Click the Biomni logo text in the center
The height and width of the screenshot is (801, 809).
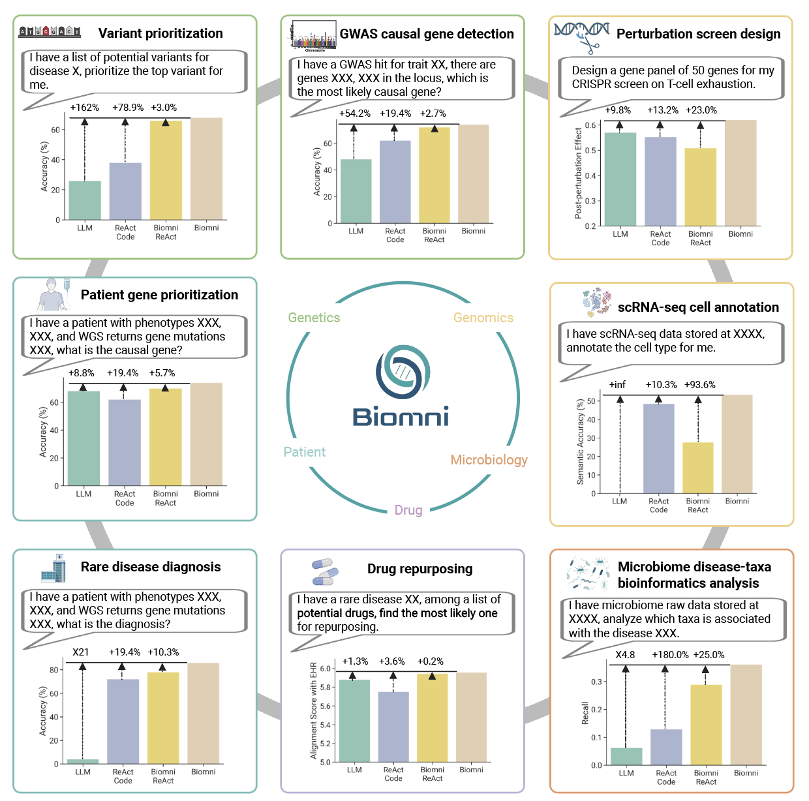[401, 416]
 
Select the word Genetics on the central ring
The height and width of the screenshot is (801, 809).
[314, 318]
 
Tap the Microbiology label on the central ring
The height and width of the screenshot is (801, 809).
[489, 460]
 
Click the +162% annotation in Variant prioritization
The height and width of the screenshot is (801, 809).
[84, 108]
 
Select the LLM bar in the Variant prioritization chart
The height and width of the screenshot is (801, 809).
[85, 200]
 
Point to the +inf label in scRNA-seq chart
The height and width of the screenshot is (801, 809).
[617, 385]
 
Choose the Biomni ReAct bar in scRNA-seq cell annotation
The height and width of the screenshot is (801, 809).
[697, 468]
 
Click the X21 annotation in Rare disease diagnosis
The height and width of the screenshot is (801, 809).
[81, 652]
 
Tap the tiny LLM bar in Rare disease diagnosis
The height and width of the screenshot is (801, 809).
[83, 761]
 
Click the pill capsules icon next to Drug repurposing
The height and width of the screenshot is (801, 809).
[325, 571]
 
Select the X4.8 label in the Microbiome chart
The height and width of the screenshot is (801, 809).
[625, 655]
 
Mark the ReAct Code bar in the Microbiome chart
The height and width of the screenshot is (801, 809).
[665, 747]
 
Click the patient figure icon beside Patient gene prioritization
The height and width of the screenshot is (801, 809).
[53, 295]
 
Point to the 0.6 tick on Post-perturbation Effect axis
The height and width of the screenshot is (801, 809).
[590, 125]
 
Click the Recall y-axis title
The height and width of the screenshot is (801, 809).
[585, 713]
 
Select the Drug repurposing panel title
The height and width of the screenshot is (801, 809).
[420, 569]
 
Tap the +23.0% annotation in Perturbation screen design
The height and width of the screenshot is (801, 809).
[701, 110]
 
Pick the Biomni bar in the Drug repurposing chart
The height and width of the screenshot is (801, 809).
[471, 717]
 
